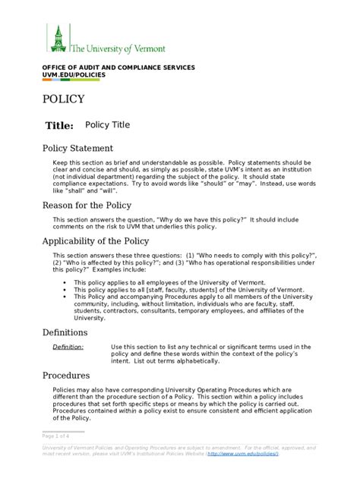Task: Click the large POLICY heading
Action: point(64,99)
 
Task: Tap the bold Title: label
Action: point(60,125)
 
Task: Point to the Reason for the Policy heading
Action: point(87,205)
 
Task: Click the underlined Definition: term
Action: point(68,347)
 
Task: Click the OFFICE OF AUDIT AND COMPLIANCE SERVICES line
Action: point(118,68)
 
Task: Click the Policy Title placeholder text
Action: point(107,124)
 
